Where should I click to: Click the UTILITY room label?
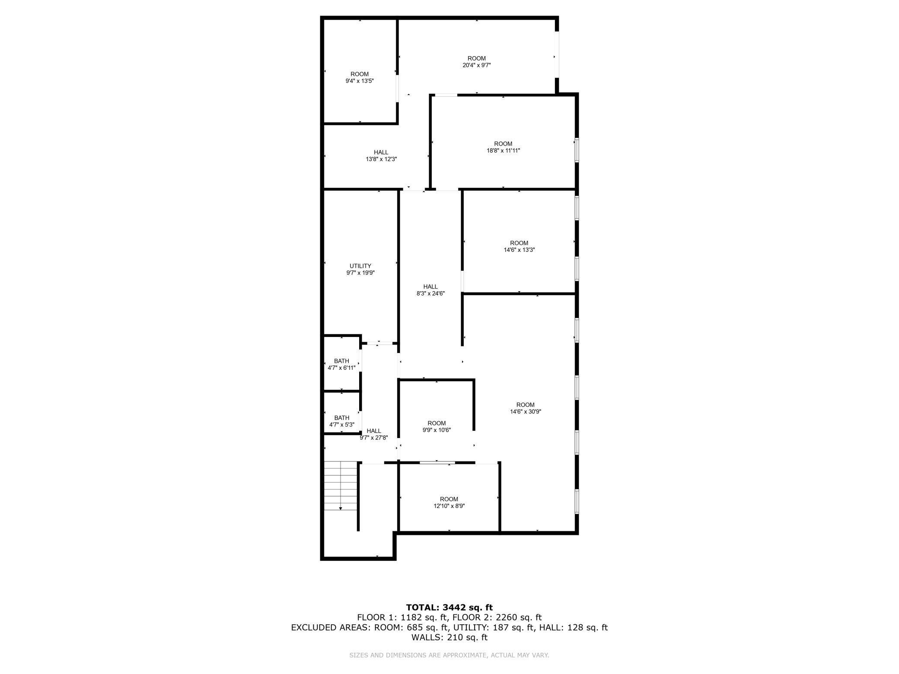pos(360,266)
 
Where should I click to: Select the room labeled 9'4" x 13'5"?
pos(359,77)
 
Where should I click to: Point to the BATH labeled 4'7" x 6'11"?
pos(341,364)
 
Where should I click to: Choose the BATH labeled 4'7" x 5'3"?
pos(341,421)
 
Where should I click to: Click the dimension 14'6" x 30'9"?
pos(525,412)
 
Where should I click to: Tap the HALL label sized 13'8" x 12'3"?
pos(381,156)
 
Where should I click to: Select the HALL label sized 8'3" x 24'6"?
pos(430,290)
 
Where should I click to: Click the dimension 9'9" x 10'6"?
pos(437,430)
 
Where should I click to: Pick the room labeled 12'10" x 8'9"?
pos(449,502)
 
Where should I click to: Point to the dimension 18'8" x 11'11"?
pos(503,151)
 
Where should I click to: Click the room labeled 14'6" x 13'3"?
pos(519,246)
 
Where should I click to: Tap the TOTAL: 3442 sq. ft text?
pos(449,607)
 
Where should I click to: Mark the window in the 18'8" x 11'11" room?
pos(577,150)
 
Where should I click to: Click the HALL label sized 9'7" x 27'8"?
pos(373,434)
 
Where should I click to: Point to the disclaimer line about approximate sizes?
pos(449,655)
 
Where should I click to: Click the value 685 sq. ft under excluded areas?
pos(420,627)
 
